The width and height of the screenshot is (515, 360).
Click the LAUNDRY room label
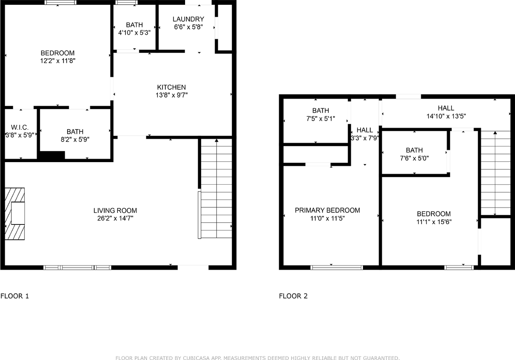188,19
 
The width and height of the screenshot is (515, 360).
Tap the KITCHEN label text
171,87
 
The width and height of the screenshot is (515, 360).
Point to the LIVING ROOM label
115,210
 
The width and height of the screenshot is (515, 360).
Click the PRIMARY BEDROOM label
328,210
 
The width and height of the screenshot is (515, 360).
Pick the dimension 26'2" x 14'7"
115,218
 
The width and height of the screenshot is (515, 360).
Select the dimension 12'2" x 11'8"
58,61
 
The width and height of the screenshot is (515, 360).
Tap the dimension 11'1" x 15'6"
434,222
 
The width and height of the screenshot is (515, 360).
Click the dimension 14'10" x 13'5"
446,116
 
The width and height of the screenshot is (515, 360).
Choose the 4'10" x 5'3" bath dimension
134,33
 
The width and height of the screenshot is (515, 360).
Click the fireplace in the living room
15,214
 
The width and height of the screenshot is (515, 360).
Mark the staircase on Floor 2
495,173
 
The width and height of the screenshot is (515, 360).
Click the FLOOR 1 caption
14,296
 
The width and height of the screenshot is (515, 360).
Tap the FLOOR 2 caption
293,296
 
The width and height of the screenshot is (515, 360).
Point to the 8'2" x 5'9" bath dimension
75,140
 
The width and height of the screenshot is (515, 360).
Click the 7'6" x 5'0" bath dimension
414,158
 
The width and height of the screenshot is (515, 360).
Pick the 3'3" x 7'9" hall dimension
365,138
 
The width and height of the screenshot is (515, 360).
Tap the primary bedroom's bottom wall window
337,267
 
